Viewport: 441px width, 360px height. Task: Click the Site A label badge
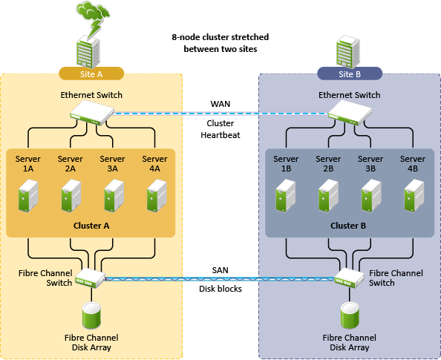91,73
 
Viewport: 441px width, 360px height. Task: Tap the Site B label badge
350,73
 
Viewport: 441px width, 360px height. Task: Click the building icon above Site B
348,52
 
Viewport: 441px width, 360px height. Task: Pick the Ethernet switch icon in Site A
92,113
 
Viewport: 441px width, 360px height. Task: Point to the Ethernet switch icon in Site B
350,113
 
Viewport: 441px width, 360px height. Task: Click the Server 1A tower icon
28,196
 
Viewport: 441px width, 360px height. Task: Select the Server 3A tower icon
114,196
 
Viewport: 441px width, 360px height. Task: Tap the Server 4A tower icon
157,196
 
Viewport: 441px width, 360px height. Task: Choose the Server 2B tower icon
328,196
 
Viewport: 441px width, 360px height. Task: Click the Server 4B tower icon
414,196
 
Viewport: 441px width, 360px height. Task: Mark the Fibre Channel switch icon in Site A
91,278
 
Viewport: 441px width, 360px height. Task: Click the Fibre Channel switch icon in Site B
350,278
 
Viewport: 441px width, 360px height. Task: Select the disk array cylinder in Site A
91,315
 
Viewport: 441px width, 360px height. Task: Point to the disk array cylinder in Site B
350,315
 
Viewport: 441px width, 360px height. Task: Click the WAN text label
220,104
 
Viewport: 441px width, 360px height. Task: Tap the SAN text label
220,270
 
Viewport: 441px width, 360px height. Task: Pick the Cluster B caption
348,226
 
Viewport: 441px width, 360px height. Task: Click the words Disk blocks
220,289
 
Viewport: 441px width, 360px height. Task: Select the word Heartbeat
220,135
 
